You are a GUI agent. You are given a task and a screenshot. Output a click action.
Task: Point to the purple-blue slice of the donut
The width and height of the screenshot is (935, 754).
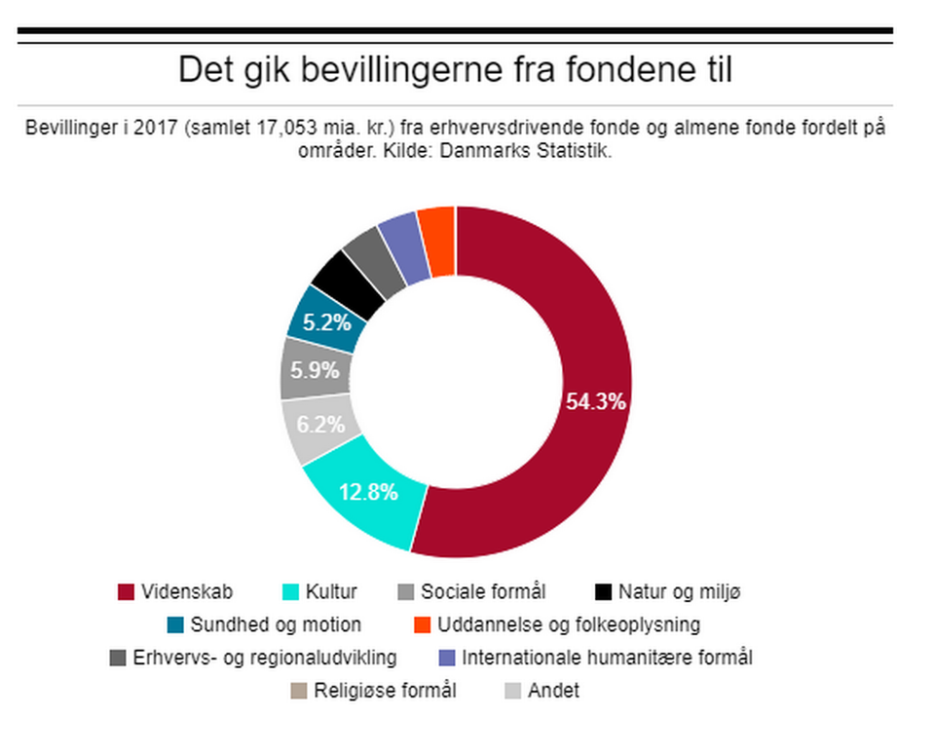click(402, 247)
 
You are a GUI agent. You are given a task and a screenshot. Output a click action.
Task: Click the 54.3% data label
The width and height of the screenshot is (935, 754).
click(595, 400)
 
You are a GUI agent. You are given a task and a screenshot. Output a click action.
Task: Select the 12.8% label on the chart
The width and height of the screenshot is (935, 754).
click(368, 492)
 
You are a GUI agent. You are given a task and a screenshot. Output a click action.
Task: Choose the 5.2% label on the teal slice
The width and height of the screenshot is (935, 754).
click(326, 320)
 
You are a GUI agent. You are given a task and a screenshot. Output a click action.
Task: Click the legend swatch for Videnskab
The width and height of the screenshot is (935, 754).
click(125, 592)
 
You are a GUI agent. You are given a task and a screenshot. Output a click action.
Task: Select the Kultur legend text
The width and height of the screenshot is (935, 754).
click(331, 592)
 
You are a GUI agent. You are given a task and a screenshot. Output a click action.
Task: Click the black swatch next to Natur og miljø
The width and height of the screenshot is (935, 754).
click(603, 592)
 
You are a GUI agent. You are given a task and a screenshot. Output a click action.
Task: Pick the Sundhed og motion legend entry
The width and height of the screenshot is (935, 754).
click(276, 624)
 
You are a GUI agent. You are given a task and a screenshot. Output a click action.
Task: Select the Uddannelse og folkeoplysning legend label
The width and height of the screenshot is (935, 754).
click(569, 624)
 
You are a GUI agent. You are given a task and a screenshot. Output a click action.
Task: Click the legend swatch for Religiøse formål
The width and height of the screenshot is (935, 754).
click(298, 692)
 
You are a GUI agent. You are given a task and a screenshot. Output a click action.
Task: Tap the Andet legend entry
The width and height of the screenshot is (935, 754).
click(553, 692)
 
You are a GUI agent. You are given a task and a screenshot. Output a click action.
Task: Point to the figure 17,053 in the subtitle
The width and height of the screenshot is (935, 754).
click(281, 129)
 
